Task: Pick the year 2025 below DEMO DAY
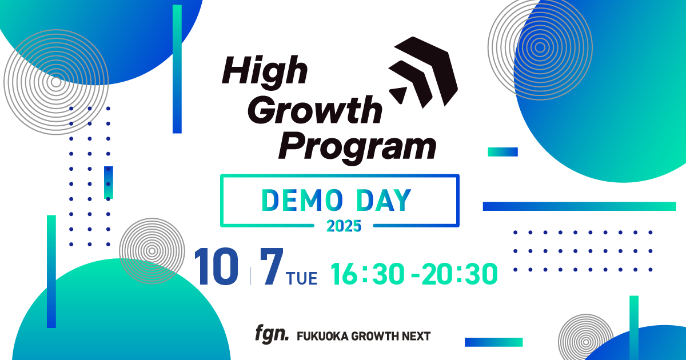344,226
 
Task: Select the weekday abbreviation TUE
302,278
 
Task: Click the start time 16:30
368,274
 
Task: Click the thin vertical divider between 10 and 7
250,274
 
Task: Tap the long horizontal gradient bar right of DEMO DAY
579,206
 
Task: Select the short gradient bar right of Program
502,152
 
